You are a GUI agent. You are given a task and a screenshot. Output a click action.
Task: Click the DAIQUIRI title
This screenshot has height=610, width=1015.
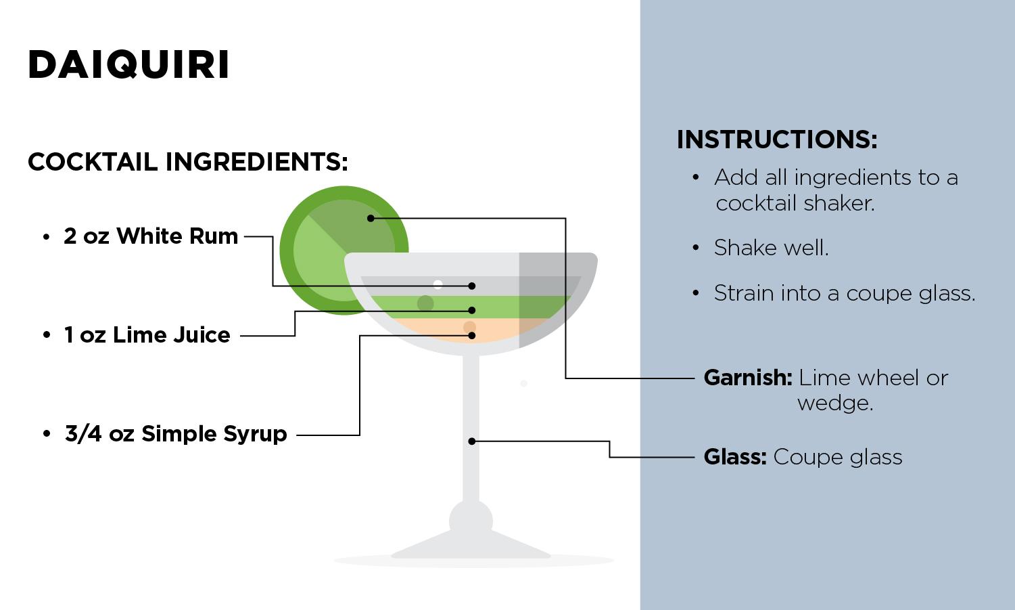click(128, 65)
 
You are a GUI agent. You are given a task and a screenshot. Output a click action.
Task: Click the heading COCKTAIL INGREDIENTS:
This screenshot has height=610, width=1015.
click(187, 162)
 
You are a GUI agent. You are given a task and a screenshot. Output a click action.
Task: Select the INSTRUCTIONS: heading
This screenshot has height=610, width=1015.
click(776, 139)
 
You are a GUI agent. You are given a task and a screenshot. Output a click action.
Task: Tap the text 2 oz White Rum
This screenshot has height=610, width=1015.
click(151, 236)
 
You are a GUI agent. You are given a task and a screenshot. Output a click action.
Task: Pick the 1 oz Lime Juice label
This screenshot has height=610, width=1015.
click(147, 335)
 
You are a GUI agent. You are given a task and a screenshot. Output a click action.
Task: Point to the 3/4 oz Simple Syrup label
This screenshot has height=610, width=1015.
click(176, 434)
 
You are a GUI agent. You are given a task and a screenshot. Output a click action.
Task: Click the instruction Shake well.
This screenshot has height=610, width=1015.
click(771, 248)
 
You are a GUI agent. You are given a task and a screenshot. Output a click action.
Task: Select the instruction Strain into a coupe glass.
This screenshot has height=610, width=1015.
click(845, 293)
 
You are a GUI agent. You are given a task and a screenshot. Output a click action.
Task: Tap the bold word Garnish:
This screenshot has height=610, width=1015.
click(747, 378)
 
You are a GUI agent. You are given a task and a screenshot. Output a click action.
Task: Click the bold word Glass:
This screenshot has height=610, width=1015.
click(735, 457)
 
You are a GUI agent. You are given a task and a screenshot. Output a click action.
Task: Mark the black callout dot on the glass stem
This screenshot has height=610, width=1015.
click(472, 441)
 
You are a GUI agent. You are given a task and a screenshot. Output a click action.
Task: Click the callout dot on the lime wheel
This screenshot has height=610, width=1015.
click(371, 218)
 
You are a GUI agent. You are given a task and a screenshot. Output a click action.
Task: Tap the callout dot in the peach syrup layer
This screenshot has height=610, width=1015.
click(472, 335)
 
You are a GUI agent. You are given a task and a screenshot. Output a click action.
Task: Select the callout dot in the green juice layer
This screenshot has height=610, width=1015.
click(472, 310)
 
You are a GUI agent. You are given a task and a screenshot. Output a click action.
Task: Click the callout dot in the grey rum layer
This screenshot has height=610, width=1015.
click(472, 286)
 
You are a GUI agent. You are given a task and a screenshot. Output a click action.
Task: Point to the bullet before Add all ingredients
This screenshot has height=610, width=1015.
click(695, 177)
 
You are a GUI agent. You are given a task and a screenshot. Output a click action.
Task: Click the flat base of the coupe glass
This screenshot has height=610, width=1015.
click(471, 550)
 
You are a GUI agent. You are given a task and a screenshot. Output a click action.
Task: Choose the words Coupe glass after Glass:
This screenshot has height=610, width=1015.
click(837, 457)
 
